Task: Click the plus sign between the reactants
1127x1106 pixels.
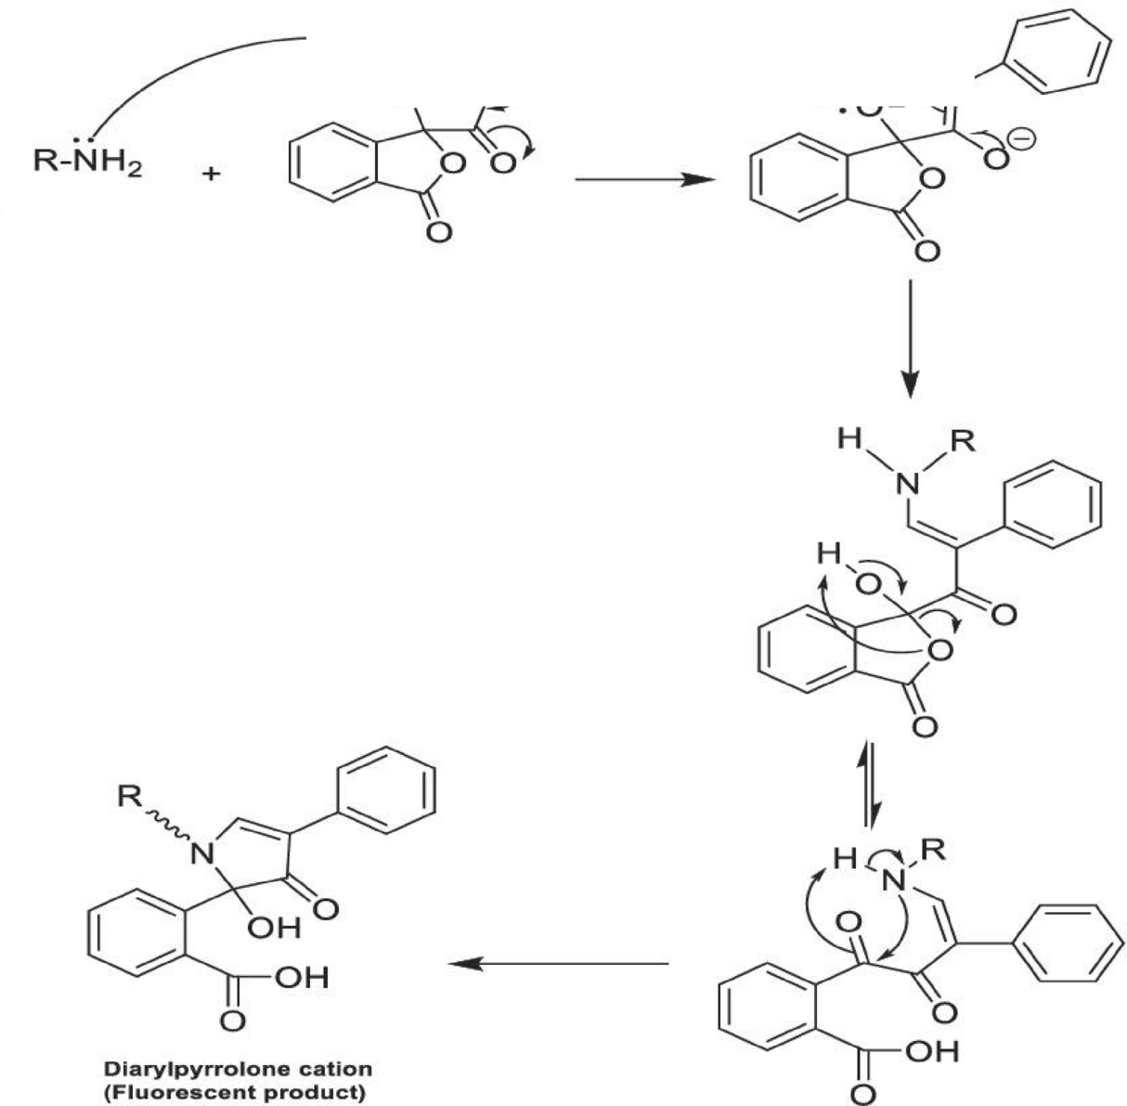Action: (213, 175)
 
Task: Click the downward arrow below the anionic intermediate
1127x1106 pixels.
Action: (911, 333)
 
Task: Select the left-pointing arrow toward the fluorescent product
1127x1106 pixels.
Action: (558, 964)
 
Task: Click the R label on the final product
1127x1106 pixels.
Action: (126, 796)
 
